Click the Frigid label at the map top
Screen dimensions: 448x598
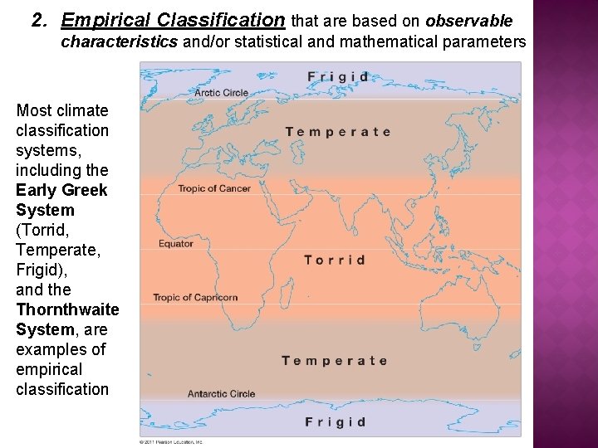coord(337,77)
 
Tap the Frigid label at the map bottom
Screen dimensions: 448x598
coord(335,422)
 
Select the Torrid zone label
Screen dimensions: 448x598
coord(335,260)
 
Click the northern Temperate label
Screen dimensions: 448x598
coord(337,132)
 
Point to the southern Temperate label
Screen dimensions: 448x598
coord(334,361)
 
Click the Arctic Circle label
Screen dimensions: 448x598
coord(221,93)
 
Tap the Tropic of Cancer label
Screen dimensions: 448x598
coord(214,188)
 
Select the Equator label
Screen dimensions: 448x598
coord(176,244)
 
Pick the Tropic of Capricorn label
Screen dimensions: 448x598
coord(195,297)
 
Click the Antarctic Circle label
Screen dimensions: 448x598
coord(221,393)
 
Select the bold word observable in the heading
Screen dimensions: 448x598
coord(469,20)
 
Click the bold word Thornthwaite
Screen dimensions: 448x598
coord(67,309)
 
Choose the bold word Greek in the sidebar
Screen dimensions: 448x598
coord(85,190)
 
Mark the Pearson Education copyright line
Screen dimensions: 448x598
coord(170,441)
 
